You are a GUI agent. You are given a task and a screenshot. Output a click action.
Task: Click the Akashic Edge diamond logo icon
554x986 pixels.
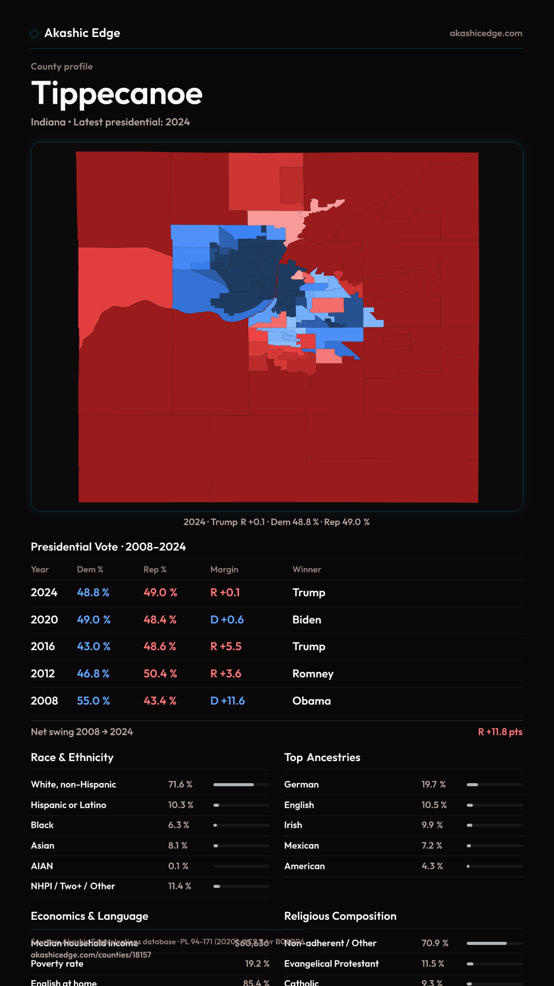(x=34, y=33)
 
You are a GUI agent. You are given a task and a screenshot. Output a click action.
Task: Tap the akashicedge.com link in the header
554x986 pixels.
(x=486, y=33)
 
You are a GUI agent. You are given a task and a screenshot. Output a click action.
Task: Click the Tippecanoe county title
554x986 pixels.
(x=117, y=94)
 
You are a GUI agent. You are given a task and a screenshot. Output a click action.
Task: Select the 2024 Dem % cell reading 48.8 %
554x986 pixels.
(x=93, y=593)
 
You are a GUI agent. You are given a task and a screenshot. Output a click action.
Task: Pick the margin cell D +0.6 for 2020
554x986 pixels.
(x=227, y=620)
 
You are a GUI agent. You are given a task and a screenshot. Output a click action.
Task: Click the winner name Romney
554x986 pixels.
(x=313, y=674)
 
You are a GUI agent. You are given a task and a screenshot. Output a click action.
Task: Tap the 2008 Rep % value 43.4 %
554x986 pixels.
(x=160, y=701)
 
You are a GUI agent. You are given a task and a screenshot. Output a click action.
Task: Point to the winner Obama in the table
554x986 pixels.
(x=311, y=701)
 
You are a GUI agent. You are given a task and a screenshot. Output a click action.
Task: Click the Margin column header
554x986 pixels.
(x=224, y=570)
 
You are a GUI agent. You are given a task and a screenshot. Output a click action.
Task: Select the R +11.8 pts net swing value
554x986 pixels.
(x=500, y=732)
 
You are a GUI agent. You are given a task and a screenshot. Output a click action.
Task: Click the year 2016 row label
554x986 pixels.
(x=43, y=647)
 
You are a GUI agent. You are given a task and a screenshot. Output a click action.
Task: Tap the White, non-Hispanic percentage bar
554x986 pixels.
(x=241, y=785)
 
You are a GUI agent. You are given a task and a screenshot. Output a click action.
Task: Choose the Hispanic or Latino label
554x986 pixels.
(x=68, y=805)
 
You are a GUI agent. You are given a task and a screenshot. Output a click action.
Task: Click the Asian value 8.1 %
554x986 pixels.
(x=177, y=846)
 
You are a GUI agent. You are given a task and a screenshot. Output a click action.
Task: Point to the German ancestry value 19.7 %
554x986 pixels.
(x=433, y=785)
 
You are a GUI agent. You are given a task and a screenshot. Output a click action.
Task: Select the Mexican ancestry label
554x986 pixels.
(x=302, y=846)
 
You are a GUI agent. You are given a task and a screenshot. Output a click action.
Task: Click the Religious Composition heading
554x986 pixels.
(x=340, y=916)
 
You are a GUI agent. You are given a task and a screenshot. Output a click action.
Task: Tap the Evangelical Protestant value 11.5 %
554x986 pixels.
(x=433, y=964)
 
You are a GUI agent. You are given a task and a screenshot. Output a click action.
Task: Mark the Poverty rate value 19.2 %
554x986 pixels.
(x=257, y=964)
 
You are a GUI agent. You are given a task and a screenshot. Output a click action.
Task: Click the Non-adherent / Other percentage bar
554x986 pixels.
(x=494, y=943)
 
